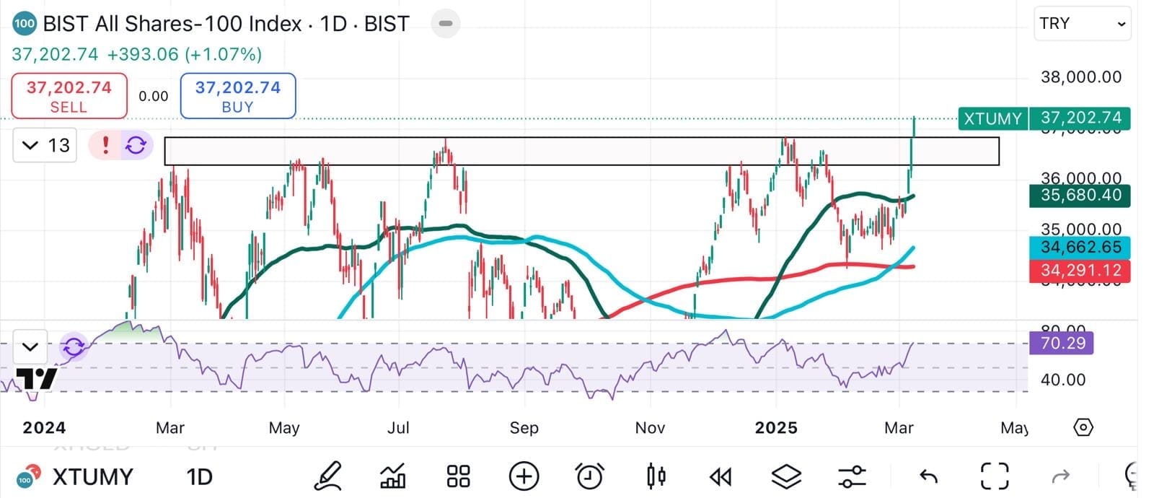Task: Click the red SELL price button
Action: click(x=69, y=96)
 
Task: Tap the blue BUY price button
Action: click(x=237, y=96)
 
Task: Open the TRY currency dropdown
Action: click(x=1082, y=24)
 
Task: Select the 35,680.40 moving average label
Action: click(x=1080, y=195)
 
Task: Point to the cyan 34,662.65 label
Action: click(x=1080, y=247)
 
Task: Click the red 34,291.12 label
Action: click(x=1080, y=271)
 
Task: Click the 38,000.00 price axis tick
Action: click(x=1080, y=77)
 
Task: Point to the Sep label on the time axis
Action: click(x=524, y=428)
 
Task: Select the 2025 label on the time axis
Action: click(x=775, y=428)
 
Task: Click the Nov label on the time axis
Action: click(x=649, y=428)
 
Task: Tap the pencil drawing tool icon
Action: click(x=327, y=476)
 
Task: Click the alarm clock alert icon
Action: click(x=589, y=476)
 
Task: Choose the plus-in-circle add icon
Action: click(x=524, y=476)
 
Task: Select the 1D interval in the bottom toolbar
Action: click(x=199, y=477)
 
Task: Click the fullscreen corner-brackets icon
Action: click(x=995, y=476)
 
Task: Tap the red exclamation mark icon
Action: click(x=105, y=145)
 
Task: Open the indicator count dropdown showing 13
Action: click(x=45, y=145)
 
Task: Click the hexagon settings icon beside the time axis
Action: click(x=1083, y=428)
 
